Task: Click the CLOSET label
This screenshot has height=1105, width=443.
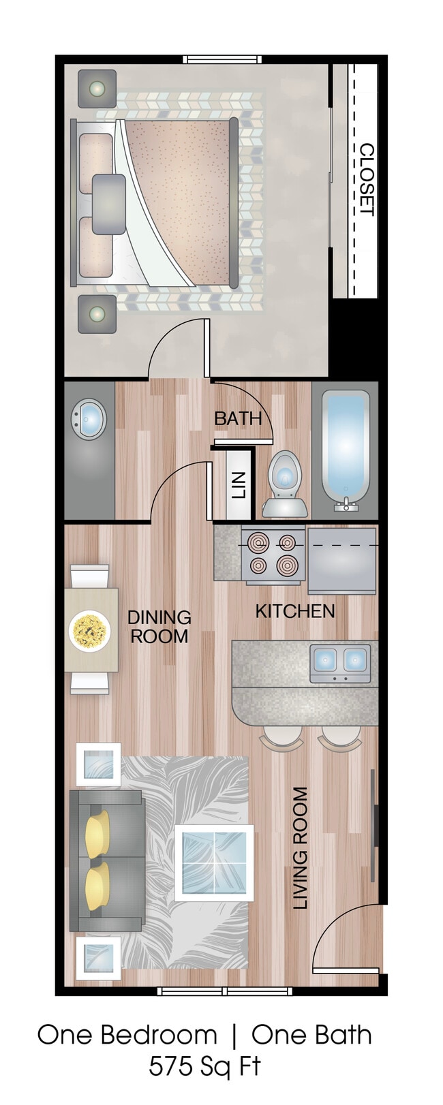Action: pos(366,179)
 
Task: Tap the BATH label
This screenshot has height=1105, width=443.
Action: pos(238,418)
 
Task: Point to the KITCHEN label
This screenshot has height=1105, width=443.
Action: pos(294,611)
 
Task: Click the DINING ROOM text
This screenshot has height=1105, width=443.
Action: pos(159,627)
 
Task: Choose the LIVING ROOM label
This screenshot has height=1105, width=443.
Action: pos(301,847)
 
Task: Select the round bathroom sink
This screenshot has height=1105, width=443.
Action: pos(89,419)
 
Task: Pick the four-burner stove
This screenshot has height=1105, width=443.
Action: pos(273,553)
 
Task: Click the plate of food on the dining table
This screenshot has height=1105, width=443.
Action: pos(89,631)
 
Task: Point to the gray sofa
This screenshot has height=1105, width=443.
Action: pos(108,861)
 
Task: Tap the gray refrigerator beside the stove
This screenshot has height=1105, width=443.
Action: pos(341,560)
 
